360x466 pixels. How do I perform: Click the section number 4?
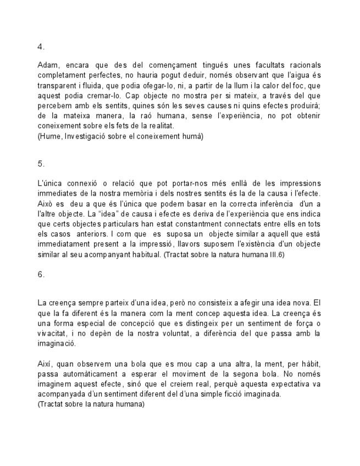pyautogui.click(x=41, y=47)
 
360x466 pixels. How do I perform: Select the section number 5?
pyautogui.click(x=41, y=164)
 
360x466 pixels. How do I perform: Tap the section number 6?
pyautogui.click(x=41, y=274)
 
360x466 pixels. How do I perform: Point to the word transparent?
pyautogui.click(x=58, y=86)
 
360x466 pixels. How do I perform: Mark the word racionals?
pyautogui.click(x=302, y=65)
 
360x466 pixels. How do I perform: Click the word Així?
pyautogui.click(x=45, y=364)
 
